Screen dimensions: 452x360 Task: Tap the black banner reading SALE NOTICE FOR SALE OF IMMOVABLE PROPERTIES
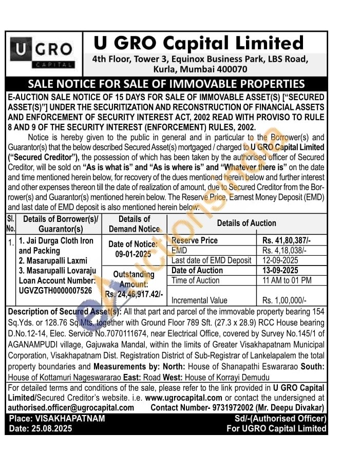point(166,84)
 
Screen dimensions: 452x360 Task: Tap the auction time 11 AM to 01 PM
point(287,280)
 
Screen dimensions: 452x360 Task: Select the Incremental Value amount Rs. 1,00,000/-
point(284,300)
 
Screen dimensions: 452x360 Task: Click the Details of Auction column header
point(247,223)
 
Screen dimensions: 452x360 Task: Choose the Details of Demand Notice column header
point(134,223)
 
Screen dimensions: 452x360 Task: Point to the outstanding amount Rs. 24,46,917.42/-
point(134,294)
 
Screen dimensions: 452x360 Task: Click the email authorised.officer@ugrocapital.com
point(71,407)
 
